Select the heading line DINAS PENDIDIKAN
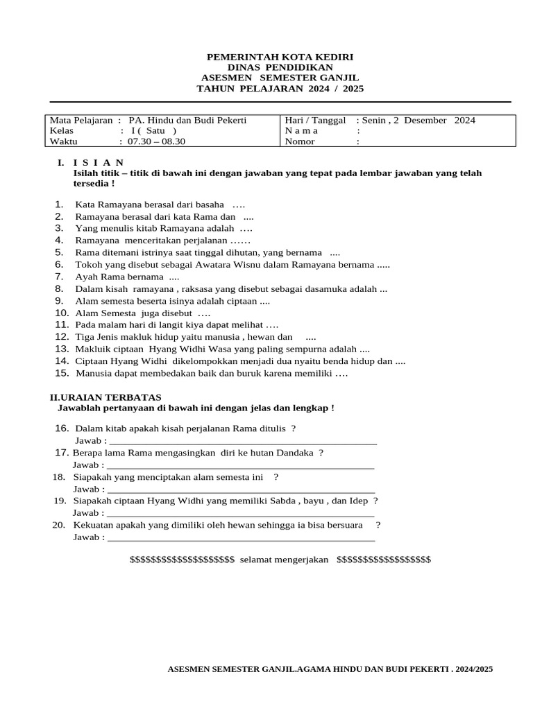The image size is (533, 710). click(280, 67)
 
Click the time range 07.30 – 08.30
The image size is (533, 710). click(157, 141)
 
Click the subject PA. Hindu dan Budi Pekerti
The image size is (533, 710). click(187, 120)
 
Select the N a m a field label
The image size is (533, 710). click(301, 130)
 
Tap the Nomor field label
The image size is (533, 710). click(300, 141)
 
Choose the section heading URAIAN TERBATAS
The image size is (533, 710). click(111, 397)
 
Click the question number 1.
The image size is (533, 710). click(59, 205)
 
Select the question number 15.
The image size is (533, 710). click(62, 373)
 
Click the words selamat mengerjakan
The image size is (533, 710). click(284, 560)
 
